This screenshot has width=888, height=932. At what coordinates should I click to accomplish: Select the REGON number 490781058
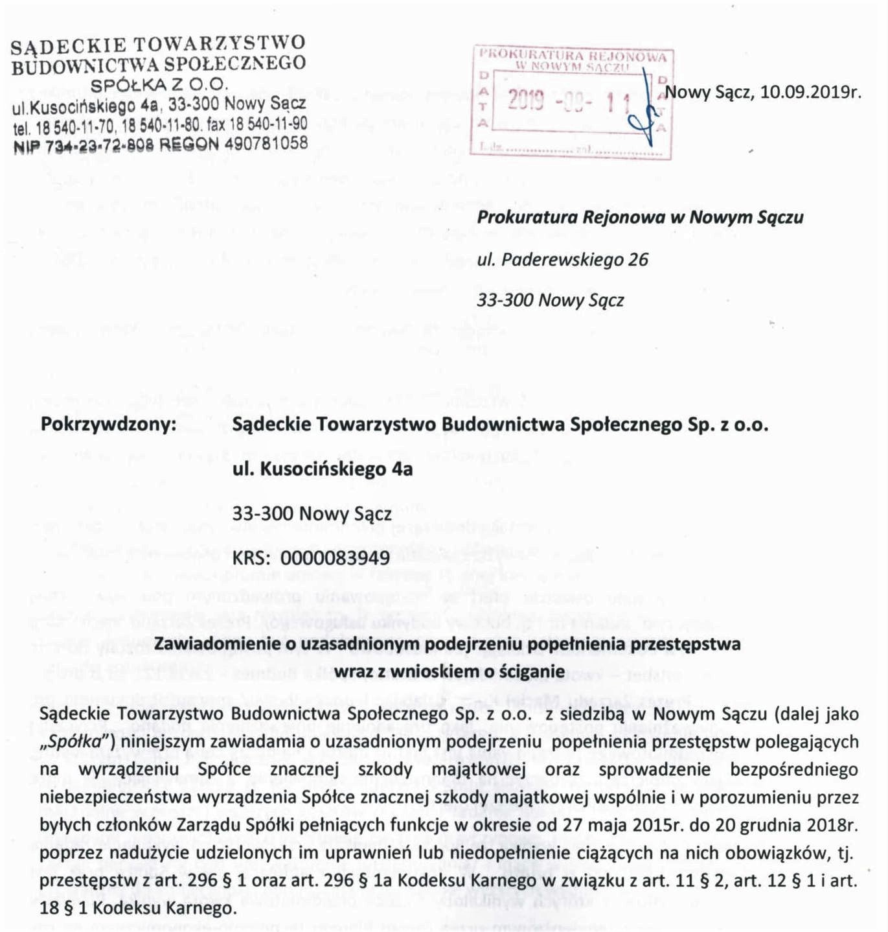tap(266, 143)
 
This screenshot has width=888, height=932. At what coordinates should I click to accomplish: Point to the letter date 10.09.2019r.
tap(810, 92)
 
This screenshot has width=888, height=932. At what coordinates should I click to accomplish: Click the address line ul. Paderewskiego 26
tap(562, 260)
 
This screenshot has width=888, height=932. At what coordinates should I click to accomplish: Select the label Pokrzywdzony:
tap(108, 425)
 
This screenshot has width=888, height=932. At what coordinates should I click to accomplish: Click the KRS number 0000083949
tap(336, 558)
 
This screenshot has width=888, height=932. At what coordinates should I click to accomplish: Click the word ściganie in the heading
tap(530, 671)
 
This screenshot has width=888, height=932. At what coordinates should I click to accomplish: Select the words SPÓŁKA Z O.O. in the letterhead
tap(159, 84)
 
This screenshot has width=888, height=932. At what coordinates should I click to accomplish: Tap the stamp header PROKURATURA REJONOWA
tap(573, 56)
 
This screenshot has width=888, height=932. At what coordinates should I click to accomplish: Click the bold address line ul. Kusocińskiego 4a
tap(322, 469)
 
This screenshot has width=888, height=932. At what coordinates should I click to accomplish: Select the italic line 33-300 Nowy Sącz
tap(550, 301)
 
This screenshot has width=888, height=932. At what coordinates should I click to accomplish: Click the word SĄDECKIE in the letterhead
tap(68, 45)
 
